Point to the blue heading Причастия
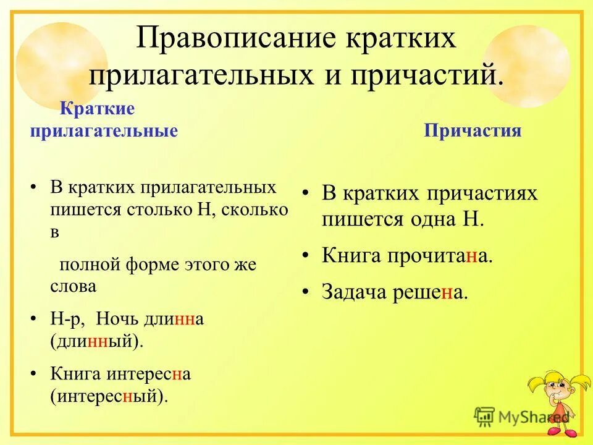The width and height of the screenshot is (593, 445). click(473, 131)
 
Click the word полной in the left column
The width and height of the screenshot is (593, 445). click(86, 265)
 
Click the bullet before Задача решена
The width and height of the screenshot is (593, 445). click(306, 290)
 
